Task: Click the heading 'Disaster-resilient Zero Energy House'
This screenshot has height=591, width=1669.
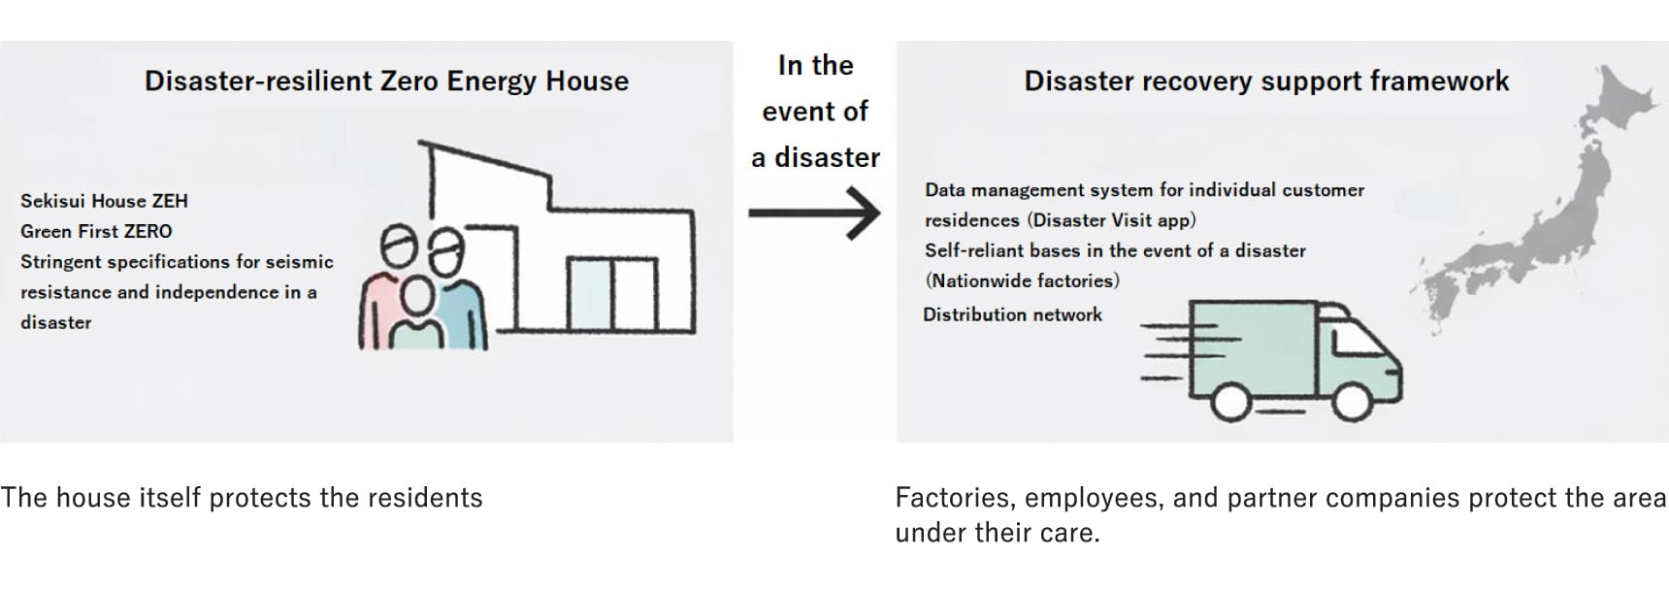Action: click(x=386, y=81)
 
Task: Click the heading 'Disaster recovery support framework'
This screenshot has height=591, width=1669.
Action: click(x=1266, y=81)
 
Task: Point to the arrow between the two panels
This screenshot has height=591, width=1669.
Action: click(x=814, y=213)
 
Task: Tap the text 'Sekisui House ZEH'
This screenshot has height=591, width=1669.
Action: click(x=104, y=201)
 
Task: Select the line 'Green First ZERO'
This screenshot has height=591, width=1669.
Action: click(x=96, y=231)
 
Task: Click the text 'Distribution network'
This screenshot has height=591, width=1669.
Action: click(x=1012, y=314)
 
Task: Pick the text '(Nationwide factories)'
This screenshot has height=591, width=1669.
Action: click(x=1022, y=280)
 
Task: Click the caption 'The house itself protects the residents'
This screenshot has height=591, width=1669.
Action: click(x=242, y=498)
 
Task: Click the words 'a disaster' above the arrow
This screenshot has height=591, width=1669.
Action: click(x=815, y=157)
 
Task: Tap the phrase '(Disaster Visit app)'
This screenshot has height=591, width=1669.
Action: click(x=1111, y=220)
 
